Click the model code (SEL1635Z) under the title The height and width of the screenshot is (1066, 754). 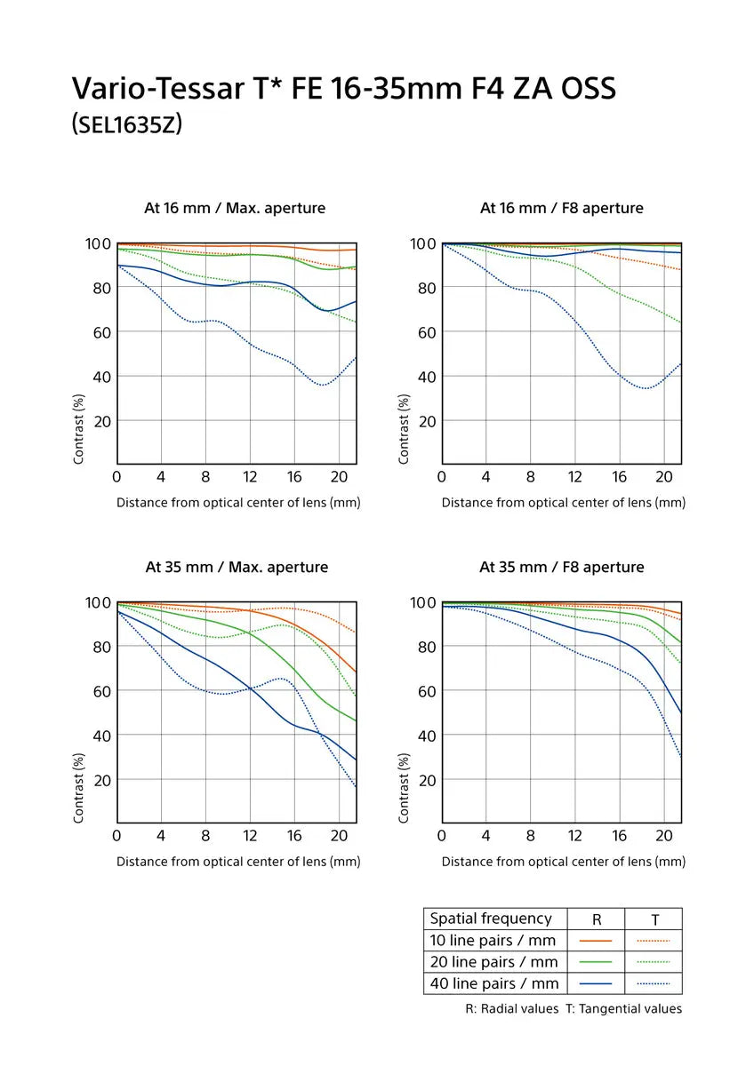tap(126, 124)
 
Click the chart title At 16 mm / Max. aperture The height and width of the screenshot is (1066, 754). tap(235, 208)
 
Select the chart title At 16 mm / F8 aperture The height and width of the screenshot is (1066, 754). tap(562, 208)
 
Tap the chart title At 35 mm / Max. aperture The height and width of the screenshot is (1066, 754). tap(237, 567)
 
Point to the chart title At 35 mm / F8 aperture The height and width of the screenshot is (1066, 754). tap(562, 567)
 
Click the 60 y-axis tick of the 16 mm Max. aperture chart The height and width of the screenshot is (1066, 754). tap(100, 332)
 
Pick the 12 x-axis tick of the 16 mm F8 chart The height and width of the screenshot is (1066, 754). tap(575, 477)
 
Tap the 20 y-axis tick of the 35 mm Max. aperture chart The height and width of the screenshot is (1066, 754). tap(100, 780)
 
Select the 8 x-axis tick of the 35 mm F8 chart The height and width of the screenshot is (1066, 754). tap(531, 836)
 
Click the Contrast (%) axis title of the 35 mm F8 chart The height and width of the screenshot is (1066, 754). tap(404, 788)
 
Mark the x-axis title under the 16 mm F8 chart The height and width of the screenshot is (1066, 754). tap(564, 503)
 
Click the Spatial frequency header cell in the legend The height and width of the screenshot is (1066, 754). tap(491, 919)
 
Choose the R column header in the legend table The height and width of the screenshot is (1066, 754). tap(597, 919)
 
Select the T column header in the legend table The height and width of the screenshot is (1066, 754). tap(654, 919)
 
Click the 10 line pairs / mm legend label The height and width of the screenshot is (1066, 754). tap(493, 940)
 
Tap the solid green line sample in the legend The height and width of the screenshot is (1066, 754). tap(597, 962)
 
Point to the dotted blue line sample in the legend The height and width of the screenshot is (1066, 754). tap(654, 983)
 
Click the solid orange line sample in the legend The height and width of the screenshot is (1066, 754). tap(597, 940)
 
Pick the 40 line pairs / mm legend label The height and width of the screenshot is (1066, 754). tap(494, 983)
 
